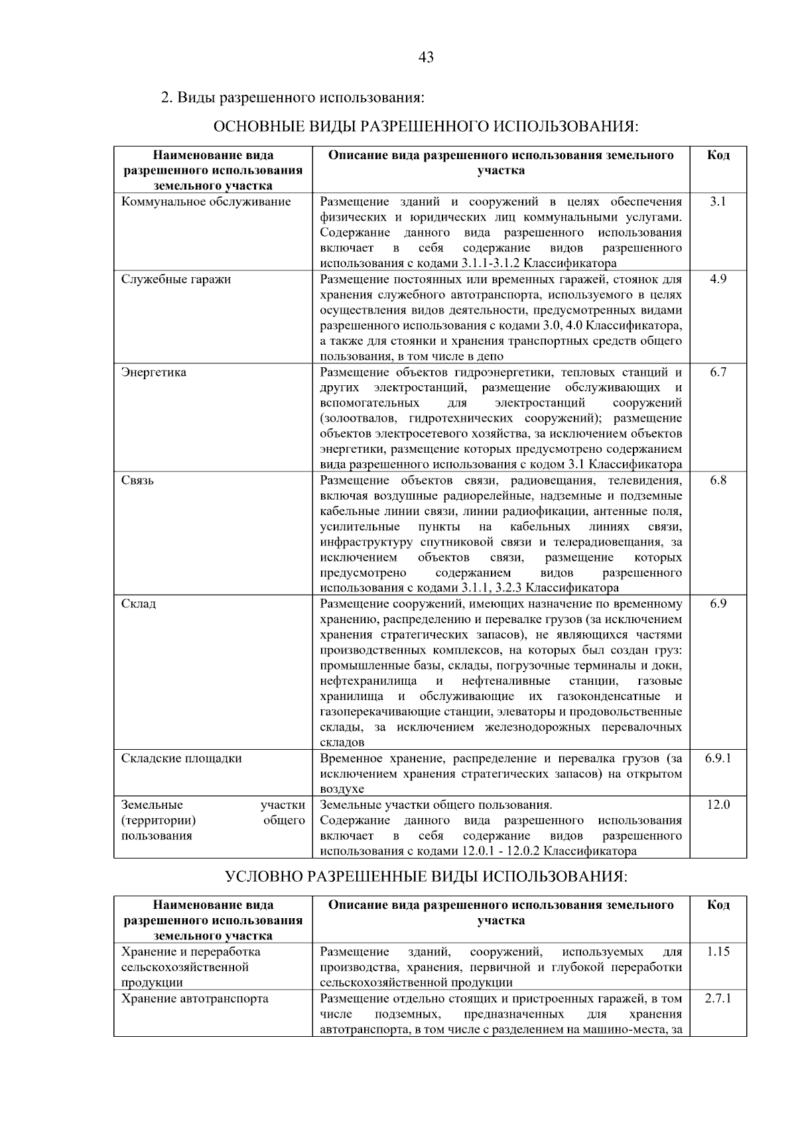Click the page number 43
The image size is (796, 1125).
[x=426, y=58]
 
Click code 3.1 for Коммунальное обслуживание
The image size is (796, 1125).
[x=718, y=202]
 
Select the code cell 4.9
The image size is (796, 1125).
[x=718, y=279]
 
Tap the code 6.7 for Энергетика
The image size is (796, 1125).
[x=718, y=372]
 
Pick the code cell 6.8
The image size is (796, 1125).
[x=718, y=480]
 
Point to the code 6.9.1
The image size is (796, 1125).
[x=718, y=758]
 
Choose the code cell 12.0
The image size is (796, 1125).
[x=718, y=805]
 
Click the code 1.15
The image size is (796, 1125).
[x=718, y=951]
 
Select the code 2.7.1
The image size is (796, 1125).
[x=718, y=998]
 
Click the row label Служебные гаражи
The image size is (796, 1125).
[x=176, y=279]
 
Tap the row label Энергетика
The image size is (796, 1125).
[x=154, y=372]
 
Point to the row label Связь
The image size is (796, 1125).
[x=137, y=480]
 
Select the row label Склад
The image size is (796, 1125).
[x=139, y=604]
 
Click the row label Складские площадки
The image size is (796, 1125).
[x=181, y=758]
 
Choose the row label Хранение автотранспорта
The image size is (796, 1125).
[x=194, y=998]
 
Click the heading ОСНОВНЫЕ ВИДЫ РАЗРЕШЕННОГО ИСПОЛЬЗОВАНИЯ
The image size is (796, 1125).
[x=426, y=127]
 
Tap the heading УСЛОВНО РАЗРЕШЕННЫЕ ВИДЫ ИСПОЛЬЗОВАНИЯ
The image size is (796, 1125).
[x=426, y=876]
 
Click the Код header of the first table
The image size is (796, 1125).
[x=718, y=155]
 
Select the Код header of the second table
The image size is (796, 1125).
[x=718, y=905]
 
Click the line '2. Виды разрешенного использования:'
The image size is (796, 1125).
[x=293, y=97]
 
